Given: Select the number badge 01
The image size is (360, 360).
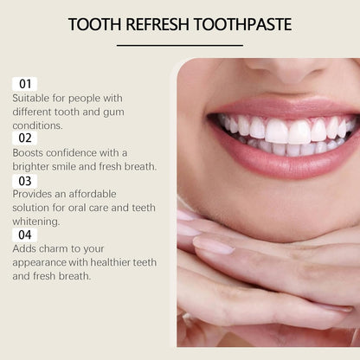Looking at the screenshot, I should click(x=24, y=83).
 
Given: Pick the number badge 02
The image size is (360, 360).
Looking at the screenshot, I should click(x=24, y=138).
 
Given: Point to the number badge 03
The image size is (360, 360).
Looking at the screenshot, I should click(x=24, y=180).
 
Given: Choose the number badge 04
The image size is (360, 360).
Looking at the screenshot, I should click(x=24, y=235).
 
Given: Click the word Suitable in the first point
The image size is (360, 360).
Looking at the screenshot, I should click(x=32, y=98).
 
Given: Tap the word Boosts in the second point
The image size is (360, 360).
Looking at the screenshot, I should click(x=30, y=152).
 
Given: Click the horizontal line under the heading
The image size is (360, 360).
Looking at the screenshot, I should click(x=179, y=44).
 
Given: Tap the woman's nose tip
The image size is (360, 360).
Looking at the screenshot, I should click(x=277, y=67).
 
